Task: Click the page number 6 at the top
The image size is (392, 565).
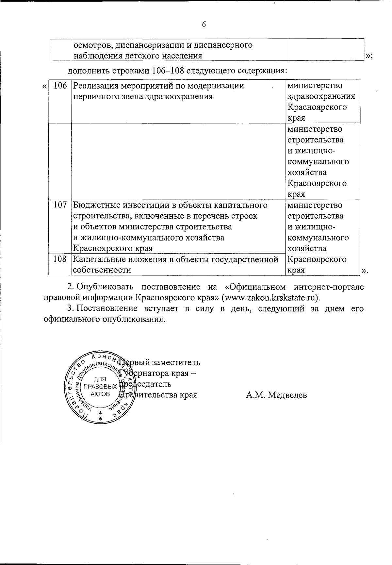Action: click(x=204, y=25)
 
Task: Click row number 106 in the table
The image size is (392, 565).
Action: click(x=60, y=86)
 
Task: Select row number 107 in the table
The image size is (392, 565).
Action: click(x=60, y=205)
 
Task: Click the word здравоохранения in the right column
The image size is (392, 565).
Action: click(x=321, y=97)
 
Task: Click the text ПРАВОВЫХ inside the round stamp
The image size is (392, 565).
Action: click(x=100, y=387)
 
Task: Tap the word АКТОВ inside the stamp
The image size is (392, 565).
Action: click(x=100, y=394)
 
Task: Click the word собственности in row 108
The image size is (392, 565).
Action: click(x=102, y=270)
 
